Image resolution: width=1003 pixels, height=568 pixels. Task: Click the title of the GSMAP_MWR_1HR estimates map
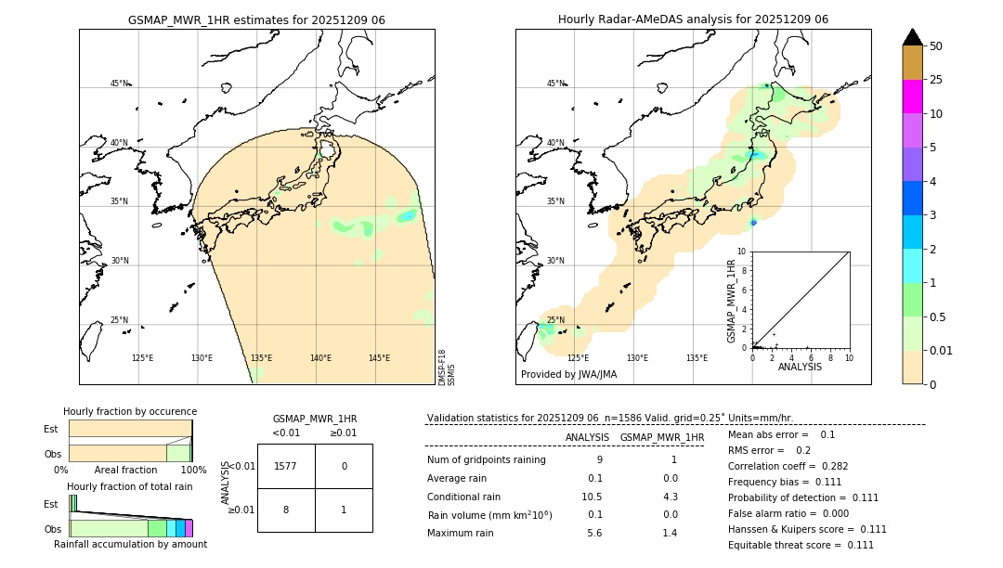pyautogui.click(x=256, y=19)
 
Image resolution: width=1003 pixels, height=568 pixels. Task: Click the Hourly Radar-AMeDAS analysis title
pyautogui.click(x=693, y=19)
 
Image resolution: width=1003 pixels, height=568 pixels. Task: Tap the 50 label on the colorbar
pyautogui.click(x=936, y=46)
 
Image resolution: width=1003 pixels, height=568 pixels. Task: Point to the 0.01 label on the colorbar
pyautogui.click(x=942, y=350)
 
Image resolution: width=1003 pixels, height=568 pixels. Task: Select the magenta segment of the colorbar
pyautogui.click(x=913, y=97)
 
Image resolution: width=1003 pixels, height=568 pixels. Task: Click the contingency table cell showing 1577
pyautogui.click(x=286, y=466)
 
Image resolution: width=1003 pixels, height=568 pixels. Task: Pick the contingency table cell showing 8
pyautogui.click(x=286, y=510)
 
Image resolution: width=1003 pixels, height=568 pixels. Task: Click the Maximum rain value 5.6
pyautogui.click(x=595, y=533)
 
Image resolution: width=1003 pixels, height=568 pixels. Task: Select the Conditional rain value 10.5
pyautogui.click(x=593, y=497)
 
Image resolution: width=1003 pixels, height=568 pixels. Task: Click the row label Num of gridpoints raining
pyautogui.click(x=487, y=460)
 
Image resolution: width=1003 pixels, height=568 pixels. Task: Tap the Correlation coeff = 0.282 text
pyautogui.click(x=788, y=467)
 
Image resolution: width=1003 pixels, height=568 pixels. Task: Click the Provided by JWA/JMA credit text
pyautogui.click(x=568, y=375)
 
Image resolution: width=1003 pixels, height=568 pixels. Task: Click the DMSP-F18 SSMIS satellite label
pyautogui.click(x=447, y=368)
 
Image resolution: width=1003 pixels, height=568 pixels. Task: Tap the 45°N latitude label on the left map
pyautogui.click(x=119, y=84)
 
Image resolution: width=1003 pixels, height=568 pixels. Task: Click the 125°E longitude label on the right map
pyautogui.click(x=578, y=358)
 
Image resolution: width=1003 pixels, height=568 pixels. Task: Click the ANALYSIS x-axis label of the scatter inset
pyautogui.click(x=800, y=367)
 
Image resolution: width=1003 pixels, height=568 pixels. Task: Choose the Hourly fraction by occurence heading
pyautogui.click(x=130, y=412)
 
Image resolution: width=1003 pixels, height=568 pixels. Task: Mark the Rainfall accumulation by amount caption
pyautogui.click(x=130, y=545)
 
